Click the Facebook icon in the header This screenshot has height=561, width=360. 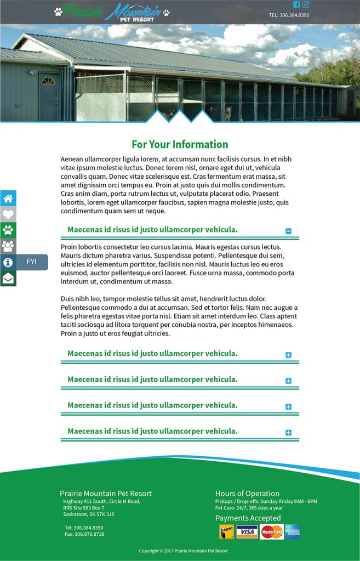[296, 5]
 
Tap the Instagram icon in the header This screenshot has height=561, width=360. [305, 5]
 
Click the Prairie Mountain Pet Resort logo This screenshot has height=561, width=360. [112, 12]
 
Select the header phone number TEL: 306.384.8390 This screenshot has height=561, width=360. [289, 15]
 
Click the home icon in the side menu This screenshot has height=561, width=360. [8, 199]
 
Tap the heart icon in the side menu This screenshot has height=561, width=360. [8, 214]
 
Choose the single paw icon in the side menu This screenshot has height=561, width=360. [8, 230]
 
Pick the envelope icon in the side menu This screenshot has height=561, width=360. [8, 278]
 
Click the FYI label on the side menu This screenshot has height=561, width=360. [32, 262]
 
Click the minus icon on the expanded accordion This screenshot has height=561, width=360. [289, 231]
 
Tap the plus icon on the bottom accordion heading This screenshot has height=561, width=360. [289, 433]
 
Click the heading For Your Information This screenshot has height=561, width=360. [180, 145]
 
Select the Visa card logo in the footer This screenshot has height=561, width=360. [247, 532]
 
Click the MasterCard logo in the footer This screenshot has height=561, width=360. [272, 532]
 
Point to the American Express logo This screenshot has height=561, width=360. [292, 532]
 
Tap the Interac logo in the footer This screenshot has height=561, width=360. [226, 532]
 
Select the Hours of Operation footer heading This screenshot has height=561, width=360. [247, 494]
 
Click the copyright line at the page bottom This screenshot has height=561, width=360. [183, 551]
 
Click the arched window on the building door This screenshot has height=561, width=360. [48, 81]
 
